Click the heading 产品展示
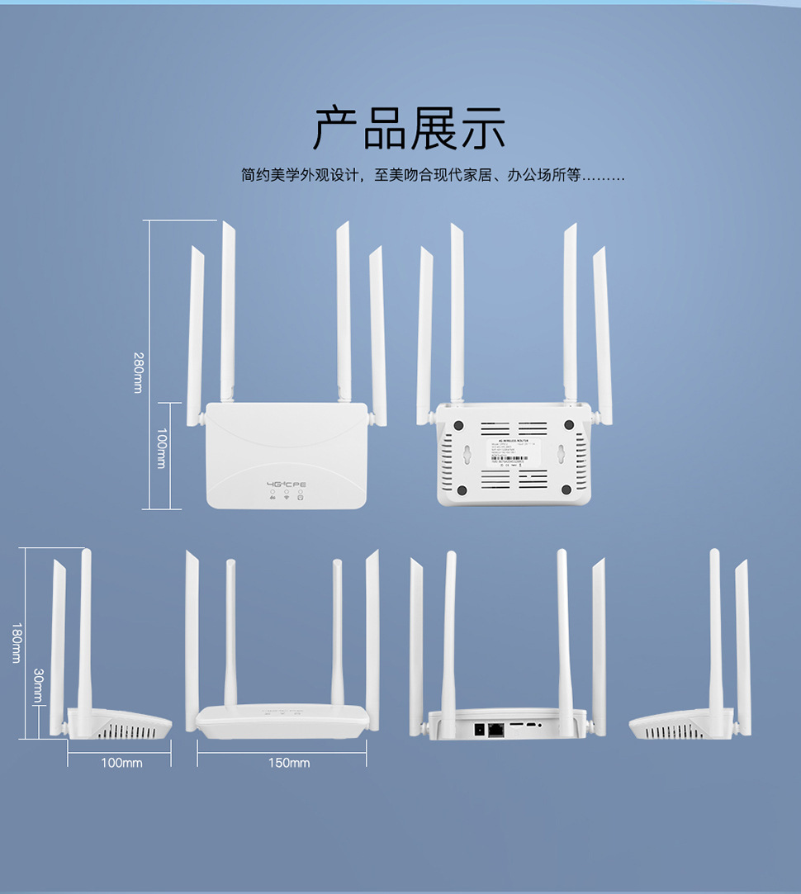(x=409, y=128)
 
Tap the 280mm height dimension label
(x=138, y=371)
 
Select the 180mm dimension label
(x=15, y=642)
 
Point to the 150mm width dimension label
(x=289, y=763)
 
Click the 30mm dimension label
(x=38, y=687)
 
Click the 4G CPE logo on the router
(x=287, y=484)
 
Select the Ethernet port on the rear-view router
(x=497, y=729)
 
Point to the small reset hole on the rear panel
(x=540, y=725)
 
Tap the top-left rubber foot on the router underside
(x=453, y=425)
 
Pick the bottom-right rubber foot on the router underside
(x=566, y=490)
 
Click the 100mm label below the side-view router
(x=121, y=763)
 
